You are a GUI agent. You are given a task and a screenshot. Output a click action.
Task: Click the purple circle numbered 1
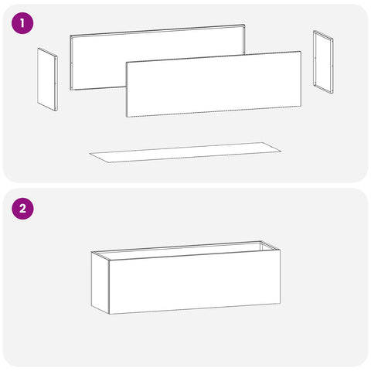[x=22, y=23]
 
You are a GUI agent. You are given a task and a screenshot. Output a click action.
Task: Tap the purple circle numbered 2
[x=22, y=209]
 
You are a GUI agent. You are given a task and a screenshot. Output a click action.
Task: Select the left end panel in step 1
[x=47, y=80]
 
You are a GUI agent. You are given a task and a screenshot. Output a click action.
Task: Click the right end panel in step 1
[x=323, y=62]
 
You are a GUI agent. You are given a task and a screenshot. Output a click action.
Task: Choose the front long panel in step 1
[x=213, y=84]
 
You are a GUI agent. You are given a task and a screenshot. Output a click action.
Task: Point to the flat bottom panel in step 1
[x=185, y=152]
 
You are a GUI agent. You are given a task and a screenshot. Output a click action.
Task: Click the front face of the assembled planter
[x=195, y=281]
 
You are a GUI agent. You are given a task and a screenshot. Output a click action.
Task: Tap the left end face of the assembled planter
[x=100, y=283]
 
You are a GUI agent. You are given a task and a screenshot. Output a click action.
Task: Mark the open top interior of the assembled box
[x=185, y=250]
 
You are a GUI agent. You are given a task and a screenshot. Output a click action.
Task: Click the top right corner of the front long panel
[x=301, y=52]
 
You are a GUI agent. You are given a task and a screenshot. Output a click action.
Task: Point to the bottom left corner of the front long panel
[x=127, y=117]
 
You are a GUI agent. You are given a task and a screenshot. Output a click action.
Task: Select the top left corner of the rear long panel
[x=70, y=36]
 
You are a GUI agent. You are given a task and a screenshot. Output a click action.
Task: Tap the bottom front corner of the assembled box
[x=109, y=314]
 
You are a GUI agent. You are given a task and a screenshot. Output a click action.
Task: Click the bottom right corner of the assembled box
[x=280, y=304]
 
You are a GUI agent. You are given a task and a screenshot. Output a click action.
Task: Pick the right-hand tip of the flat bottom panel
[x=281, y=151]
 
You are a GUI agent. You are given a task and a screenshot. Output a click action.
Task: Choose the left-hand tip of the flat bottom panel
[x=90, y=154]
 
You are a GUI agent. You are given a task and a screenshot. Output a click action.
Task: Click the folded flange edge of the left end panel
[x=56, y=83]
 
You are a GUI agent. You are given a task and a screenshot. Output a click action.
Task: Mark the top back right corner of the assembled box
[x=261, y=241]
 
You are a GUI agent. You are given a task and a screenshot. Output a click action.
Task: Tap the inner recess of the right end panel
[x=324, y=63]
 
